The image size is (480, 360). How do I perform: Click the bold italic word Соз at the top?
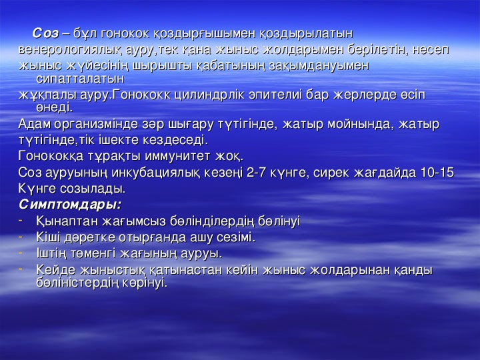(45, 33)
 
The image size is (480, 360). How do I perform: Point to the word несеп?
(431, 50)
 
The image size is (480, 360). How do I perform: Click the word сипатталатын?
(80, 79)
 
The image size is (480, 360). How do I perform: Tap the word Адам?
(35, 124)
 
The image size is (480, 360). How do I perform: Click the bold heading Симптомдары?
(70, 205)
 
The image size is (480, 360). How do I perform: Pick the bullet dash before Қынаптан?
(20, 219)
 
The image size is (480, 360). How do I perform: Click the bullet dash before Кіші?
(20, 236)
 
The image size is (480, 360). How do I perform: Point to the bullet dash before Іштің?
(20, 252)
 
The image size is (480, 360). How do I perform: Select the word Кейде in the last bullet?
(55, 270)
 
